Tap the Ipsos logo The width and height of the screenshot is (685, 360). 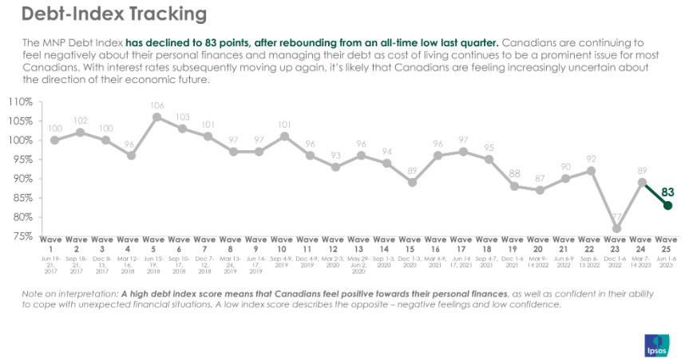pos(655,345)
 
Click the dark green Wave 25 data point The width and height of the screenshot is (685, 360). pos(667,205)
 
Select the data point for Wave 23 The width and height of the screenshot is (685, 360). pos(616,228)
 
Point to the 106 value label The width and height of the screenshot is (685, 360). pos(156,105)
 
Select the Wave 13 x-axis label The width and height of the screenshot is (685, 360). pos(361,243)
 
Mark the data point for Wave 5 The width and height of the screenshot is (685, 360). pos(156,117)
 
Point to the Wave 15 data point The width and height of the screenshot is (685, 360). pos(412,182)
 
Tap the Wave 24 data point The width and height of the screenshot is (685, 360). pos(642,182)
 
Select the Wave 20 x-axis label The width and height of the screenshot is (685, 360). pos(540,243)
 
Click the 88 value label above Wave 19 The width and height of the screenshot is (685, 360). pos(514,174)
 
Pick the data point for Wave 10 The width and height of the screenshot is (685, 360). pos(284,136)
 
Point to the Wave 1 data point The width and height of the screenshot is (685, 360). pos(54,140)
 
